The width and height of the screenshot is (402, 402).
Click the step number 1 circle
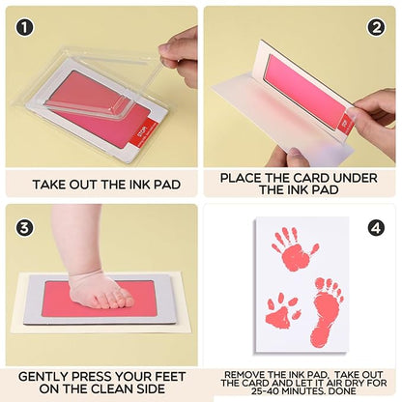[24, 28]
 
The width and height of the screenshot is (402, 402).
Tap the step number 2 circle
[376, 28]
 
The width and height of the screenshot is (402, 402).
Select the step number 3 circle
[24, 228]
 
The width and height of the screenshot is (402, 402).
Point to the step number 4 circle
[376, 228]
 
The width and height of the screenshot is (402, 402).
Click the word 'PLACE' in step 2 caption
[242, 177]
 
